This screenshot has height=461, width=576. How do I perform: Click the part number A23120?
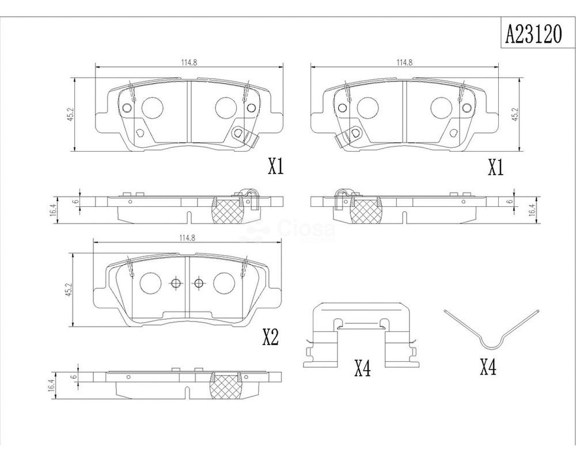coord(534,35)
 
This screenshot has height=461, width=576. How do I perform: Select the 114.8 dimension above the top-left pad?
coord(189,62)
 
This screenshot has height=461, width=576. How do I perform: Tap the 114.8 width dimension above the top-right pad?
coord(404,62)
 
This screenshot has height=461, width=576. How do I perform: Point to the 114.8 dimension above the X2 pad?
coord(187,237)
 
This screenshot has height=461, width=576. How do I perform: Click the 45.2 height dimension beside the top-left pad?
coord(70,114)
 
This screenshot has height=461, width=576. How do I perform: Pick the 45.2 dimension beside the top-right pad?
coord(516,114)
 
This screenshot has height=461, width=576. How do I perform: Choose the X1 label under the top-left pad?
coord(276,167)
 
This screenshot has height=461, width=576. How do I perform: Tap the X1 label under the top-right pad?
coord(495,168)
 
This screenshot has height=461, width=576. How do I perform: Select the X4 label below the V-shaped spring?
coord(488,366)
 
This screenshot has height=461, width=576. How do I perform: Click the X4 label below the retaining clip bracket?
coord(362,368)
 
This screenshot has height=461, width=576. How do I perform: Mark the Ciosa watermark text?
coord(307,229)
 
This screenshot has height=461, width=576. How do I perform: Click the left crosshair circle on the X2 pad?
coord(176,283)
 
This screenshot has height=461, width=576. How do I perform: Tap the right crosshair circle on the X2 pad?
coord(199,283)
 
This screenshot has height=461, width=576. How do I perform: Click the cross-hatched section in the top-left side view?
coord(229,210)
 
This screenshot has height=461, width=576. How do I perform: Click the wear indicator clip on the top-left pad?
coord(244,136)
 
